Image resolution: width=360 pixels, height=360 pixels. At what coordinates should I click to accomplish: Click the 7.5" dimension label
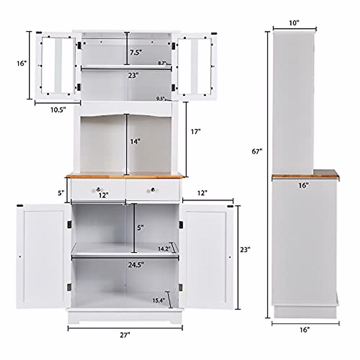[136, 52]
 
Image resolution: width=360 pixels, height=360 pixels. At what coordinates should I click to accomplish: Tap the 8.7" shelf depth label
[162, 63]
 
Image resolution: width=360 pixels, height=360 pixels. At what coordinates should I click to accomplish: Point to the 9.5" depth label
[160, 98]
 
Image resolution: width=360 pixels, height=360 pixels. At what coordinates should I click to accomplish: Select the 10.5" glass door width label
[58, 110]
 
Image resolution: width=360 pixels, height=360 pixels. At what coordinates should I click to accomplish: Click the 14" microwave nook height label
[135, 142]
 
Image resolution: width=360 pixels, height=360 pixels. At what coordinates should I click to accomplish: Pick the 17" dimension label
[195, 131]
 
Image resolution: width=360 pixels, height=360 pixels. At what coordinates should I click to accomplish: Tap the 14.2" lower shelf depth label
[165, 248]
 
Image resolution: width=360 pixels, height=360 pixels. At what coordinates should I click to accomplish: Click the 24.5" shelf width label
[136, 265]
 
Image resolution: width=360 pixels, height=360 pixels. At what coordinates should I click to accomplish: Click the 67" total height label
[257, 151]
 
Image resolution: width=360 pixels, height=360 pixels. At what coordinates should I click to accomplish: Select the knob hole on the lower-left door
[20, 257]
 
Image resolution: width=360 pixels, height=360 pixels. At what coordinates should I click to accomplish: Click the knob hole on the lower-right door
[230, 257]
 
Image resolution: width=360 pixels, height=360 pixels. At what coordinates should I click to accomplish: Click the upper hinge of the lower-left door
[69, 224]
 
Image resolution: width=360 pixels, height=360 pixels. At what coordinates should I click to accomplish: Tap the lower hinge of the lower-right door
[181, 287]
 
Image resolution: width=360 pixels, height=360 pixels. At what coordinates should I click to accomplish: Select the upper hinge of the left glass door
[79, 45]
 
